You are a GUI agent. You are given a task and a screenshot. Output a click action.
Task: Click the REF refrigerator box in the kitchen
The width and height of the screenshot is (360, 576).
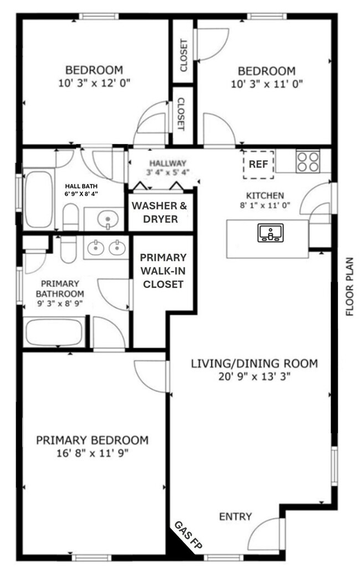259,164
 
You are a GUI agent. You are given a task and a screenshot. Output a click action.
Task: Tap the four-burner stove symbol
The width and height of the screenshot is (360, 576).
307,162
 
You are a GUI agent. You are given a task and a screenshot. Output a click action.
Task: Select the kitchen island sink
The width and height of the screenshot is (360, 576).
270,233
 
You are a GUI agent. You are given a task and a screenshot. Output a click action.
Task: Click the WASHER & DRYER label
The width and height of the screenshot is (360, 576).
159,213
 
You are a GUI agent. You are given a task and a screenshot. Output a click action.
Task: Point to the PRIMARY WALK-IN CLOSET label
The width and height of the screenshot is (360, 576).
163,271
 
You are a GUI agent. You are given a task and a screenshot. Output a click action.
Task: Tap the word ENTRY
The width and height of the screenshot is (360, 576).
235,517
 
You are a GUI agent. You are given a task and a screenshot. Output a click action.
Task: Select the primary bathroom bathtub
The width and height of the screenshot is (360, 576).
54,332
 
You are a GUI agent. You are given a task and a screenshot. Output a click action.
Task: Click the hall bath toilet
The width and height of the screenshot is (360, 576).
70,217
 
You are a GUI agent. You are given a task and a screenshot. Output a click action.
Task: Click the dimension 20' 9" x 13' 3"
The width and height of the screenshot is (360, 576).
254,376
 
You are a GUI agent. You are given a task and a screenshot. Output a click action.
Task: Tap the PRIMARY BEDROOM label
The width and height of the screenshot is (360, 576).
92,440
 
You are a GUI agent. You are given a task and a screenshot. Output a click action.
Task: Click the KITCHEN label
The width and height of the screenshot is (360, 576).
265,196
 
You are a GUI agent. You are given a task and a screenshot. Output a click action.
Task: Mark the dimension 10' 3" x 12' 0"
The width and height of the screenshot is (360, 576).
94,83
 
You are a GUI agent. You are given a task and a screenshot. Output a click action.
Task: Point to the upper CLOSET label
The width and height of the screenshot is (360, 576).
183,55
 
